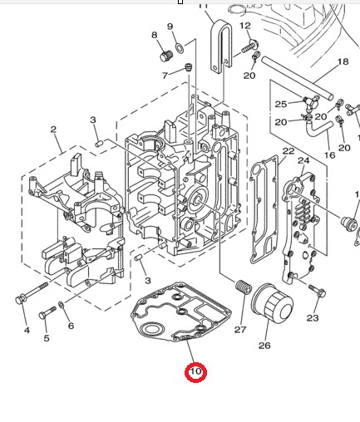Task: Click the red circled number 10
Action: tap(195, 371)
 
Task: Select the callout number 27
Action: tap(240, 330)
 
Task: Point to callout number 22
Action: tap(288, 151)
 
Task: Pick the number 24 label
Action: tap(303, 159)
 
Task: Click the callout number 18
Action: tap(342, 62)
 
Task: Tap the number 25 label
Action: tap(281, 104)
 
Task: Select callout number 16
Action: tap(329, 155)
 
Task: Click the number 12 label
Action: tap(244, 27)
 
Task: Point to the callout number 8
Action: tap(154, 35)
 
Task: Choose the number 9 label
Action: tap(170, 27)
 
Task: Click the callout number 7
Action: tap(165, 75)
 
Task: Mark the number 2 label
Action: tap(53, 130)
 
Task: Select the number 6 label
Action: tap(71, 326)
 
